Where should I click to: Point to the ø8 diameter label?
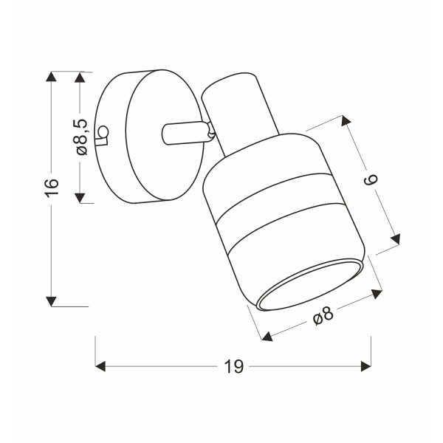[323, 317]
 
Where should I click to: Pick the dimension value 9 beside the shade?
[372, 179]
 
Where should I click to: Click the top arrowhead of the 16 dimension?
[51, 77]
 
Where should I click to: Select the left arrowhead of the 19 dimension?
[101, 367]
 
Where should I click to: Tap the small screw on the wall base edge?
[104, 133]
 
